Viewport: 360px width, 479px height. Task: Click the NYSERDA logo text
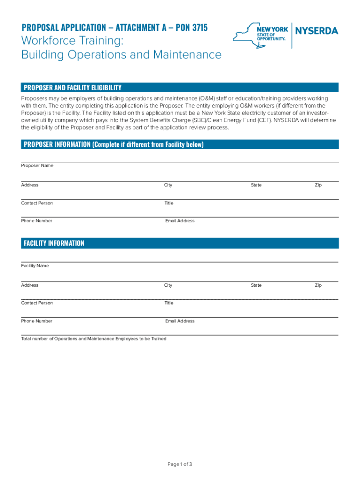pyautogui.click(x=317, y=31)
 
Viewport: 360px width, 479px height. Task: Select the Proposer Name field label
pyautogui.click(x=37, y=166)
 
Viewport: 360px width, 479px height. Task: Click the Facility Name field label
pyautogui.click(x=35, y=266)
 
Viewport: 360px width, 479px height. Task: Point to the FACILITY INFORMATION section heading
pyautogui.click(x=54, y=243)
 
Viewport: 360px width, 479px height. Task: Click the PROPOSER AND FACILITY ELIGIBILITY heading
pyautogui.click(x=72, y=87)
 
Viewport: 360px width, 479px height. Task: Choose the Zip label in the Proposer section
pyautogui.click(x=318, y=185)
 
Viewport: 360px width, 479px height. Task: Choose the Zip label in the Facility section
pyautogui.click(x=318, y=285)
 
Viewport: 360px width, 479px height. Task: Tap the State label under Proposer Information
pyautogui.click(x=256, y=185)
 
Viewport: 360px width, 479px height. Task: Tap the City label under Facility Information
pyautogui.click(x=168, y=285)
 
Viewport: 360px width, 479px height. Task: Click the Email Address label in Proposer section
pyautogui.click(x=180, y=221)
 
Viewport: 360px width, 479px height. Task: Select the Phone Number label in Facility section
pyautogui.click(x=36, y=321)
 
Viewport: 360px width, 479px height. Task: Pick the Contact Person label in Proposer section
pyautogui.click(x=37, y=203)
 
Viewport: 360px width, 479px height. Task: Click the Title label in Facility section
pyautogui.click(x=169, y=303)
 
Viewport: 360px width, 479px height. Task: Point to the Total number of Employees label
pyautogui.click(x=94, y=339)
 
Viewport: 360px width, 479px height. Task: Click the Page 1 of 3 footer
pyautogui.click(x=180, y=464)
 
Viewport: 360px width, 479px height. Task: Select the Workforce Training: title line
pyautogui.click(x=72, y=41)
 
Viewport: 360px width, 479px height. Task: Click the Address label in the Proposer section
pyautogui.click(x=29, y=185)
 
